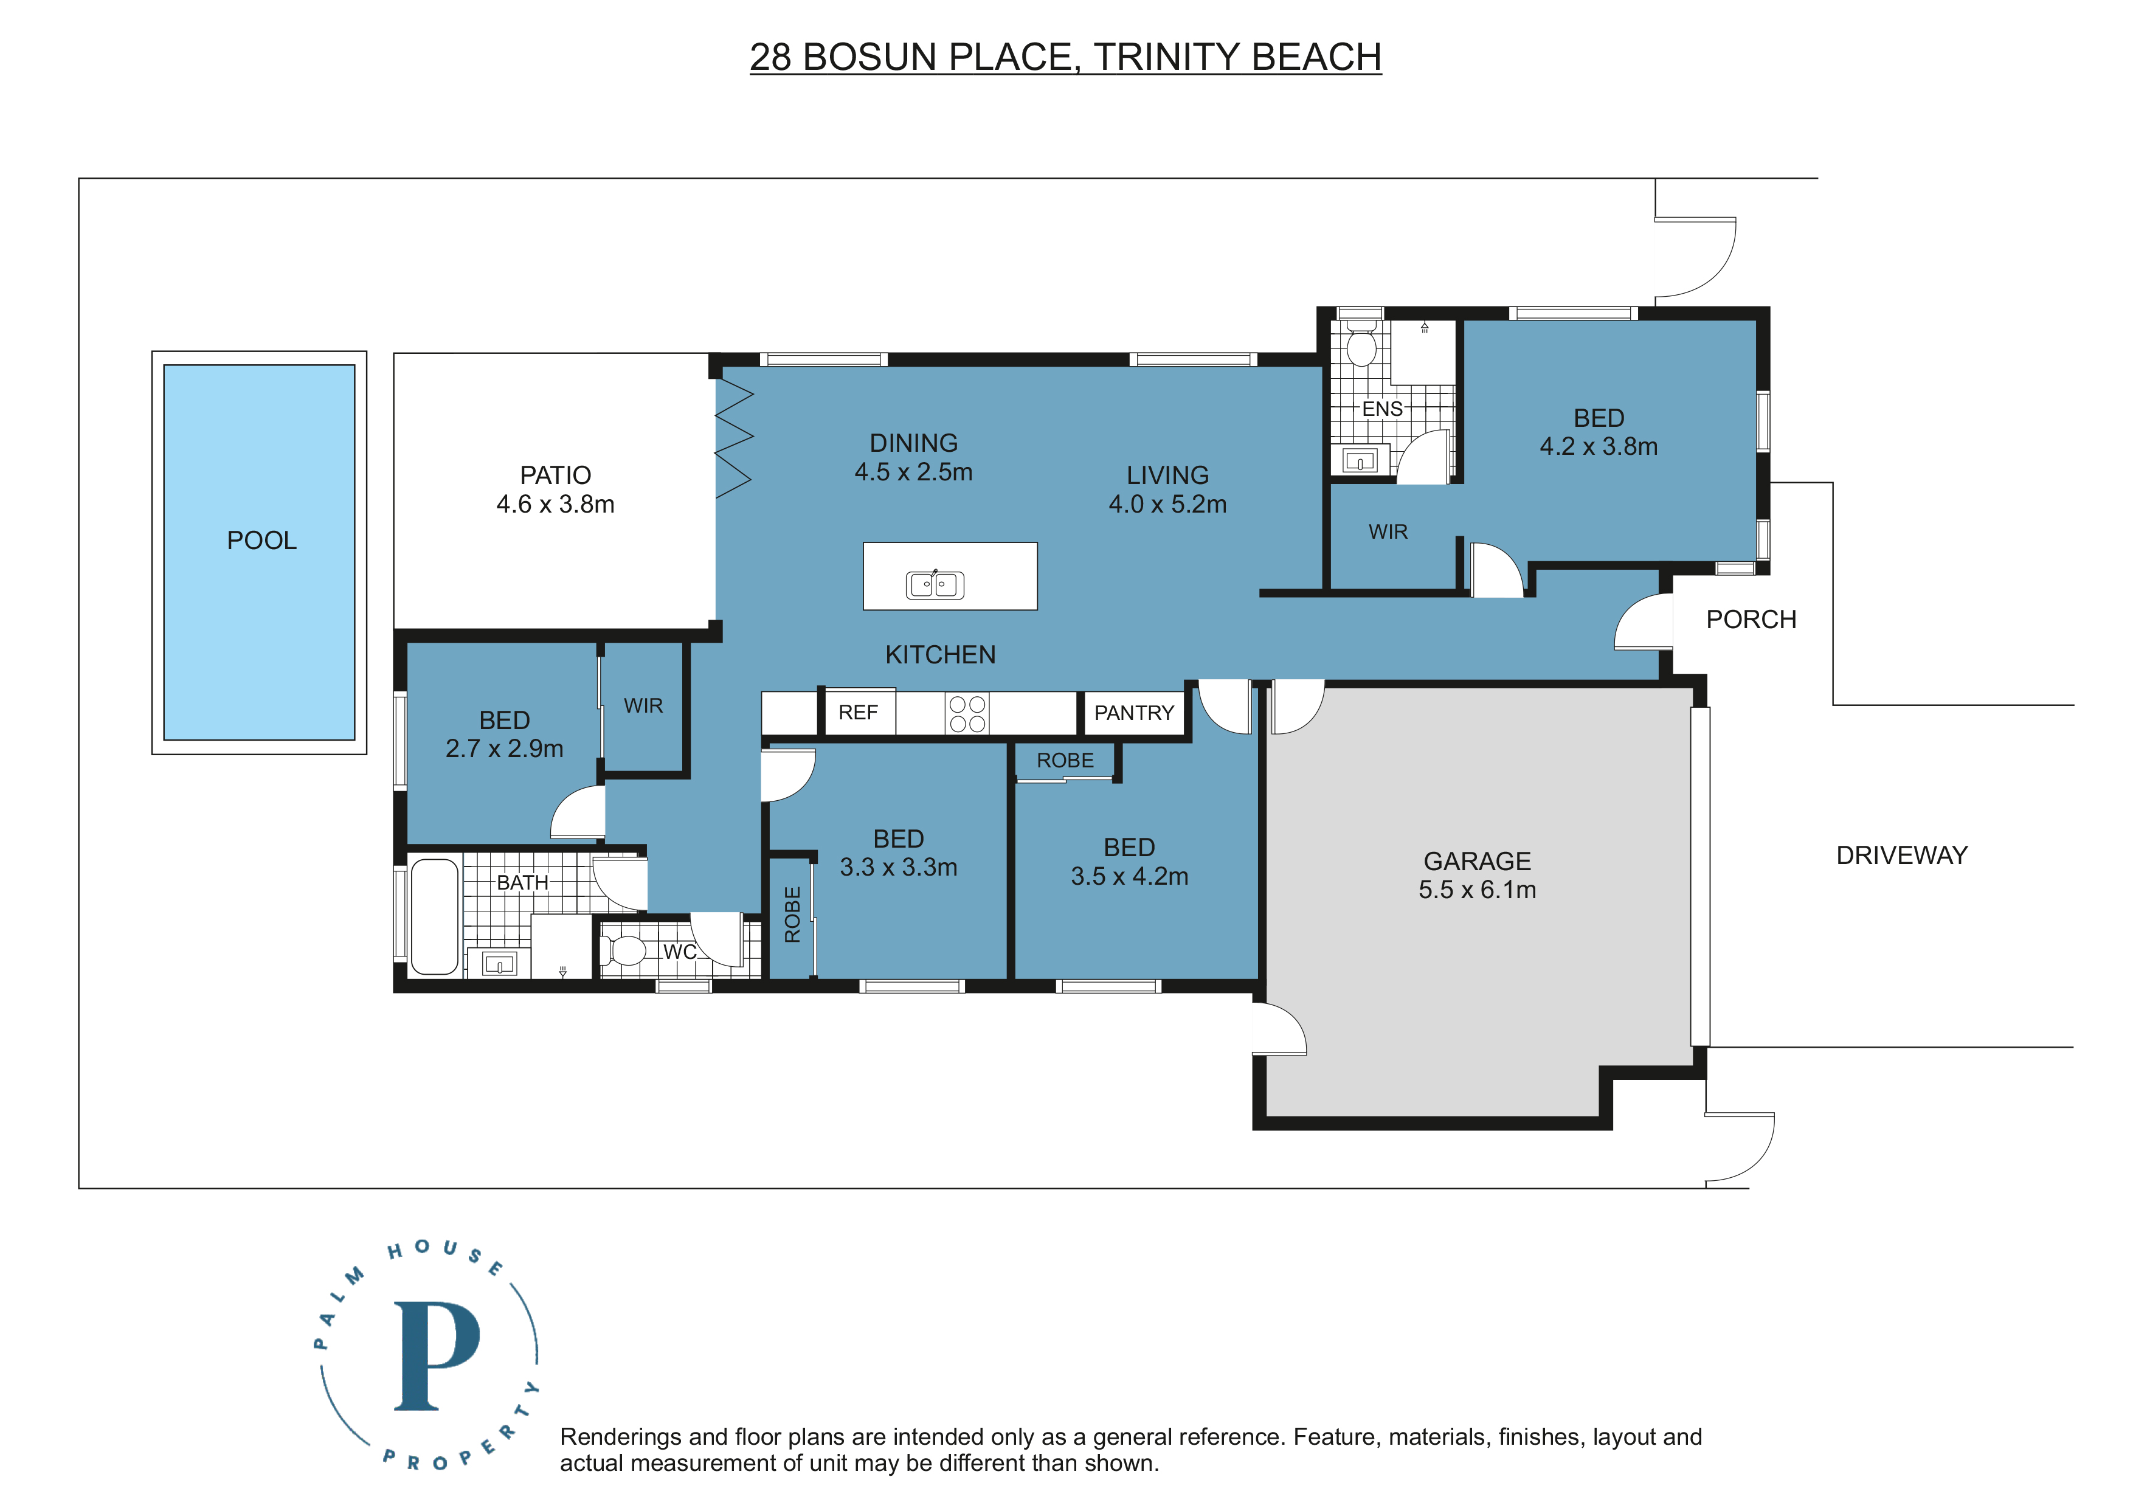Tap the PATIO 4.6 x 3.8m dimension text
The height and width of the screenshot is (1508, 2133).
[556, 505]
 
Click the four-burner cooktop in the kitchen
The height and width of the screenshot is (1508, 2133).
[967, 714]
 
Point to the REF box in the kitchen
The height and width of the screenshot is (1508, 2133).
[859, 713]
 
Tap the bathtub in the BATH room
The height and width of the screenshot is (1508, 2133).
[434, 917]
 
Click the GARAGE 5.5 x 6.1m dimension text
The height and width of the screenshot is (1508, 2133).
[1477, 890]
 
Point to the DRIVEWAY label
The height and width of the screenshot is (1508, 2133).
[1902, 856]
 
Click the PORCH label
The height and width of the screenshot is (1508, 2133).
[1751, 620]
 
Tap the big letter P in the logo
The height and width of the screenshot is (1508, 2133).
[437, 1355]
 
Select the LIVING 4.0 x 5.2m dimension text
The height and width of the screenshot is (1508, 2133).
[1168, 505]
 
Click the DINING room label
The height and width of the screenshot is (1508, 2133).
[913, 443]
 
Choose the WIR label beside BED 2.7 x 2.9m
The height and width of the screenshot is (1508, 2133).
[643, 706]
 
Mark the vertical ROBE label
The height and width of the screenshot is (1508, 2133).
[792, 915]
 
